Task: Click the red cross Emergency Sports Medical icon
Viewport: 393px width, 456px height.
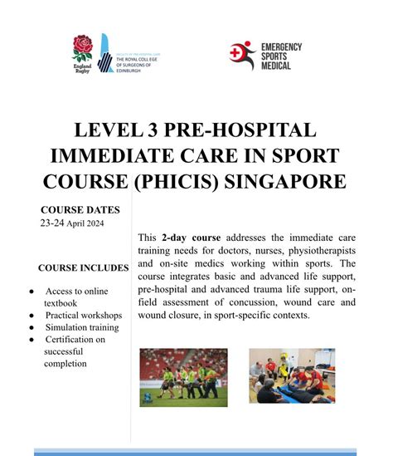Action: (242, 54)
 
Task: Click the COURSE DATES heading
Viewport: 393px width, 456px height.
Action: (80, 209)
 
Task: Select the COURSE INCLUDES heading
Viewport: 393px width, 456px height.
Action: (83, 267)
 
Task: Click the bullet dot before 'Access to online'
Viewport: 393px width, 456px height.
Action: (31, 292)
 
